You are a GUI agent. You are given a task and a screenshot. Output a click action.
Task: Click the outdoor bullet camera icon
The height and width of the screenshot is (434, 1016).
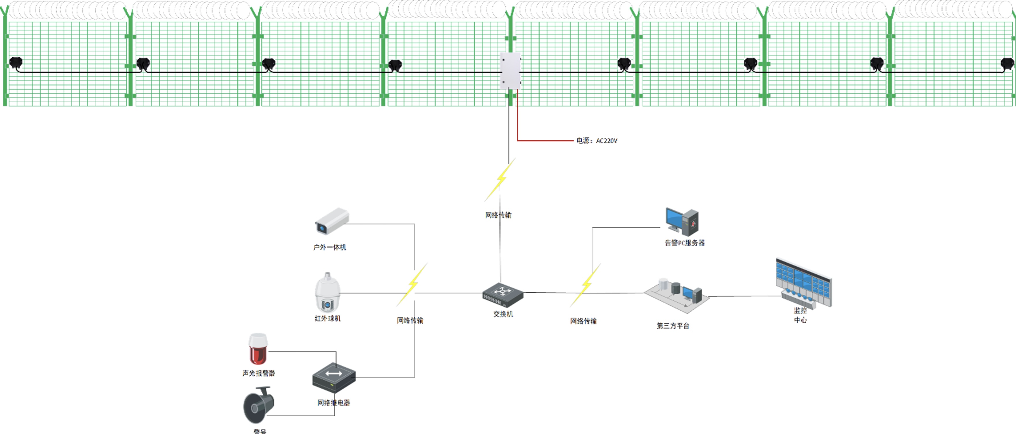(x=332, y=221)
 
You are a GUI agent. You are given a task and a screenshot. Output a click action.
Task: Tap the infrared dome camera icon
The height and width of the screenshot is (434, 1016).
(x=327, y=293)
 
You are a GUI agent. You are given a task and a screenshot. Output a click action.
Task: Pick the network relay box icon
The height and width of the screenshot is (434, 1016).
(x=334, y=377)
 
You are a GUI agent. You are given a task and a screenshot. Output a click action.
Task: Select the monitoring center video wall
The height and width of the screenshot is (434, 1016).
(x=804, y=282)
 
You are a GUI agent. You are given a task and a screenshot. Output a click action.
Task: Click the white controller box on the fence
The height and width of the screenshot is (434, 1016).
(x=510, y=71)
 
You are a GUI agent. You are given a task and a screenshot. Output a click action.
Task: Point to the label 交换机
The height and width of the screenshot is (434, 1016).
(x=503, y=314)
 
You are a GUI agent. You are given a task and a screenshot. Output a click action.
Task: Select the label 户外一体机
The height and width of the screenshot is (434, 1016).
(x=330, y=247)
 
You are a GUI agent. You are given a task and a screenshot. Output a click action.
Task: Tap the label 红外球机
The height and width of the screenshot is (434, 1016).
(x=327, y=318)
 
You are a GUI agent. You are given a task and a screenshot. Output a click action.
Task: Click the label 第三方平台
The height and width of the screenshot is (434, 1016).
(x=673, y=326)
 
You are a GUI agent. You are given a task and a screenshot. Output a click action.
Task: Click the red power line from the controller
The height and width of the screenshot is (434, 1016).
(x=544, y=140)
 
